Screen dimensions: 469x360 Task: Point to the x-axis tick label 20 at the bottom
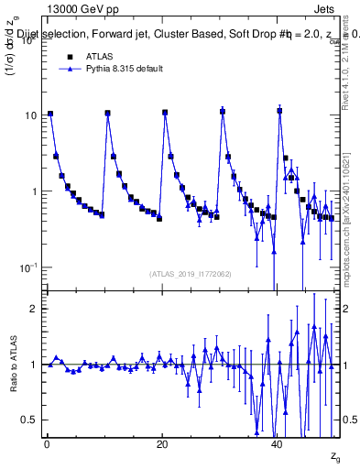(162, 445)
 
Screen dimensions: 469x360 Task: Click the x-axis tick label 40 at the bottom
(278, 445)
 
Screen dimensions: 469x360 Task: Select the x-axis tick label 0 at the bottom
(46, 445)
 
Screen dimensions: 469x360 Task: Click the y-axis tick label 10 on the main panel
(30, 115)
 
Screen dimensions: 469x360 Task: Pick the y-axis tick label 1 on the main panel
(34, 191)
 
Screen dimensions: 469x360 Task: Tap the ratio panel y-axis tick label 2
(34, 309)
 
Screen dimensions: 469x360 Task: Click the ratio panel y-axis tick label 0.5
(29, 420)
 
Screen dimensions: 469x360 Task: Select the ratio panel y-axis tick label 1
(34, 365)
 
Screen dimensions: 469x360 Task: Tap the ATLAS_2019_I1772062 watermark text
(191, 274)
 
